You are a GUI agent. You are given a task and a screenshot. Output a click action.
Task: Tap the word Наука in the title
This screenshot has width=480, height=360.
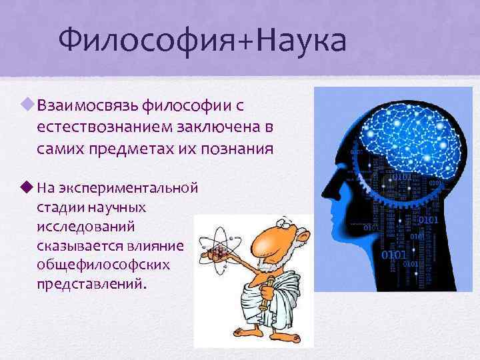coord(304,39)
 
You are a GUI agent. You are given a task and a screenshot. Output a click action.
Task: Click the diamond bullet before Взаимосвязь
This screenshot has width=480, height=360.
coord(27,104)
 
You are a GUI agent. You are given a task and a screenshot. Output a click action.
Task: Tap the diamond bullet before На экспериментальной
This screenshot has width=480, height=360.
coord(27,186)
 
